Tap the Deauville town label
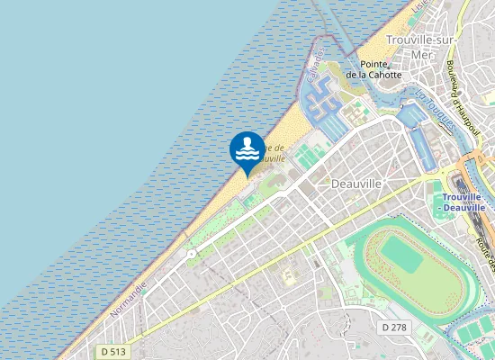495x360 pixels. (357, 183)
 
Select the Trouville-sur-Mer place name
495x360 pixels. (421, 47)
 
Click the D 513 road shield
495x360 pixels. (112, 351)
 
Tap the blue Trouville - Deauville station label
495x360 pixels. (463, 202)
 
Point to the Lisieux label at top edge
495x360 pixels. (418, 6)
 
